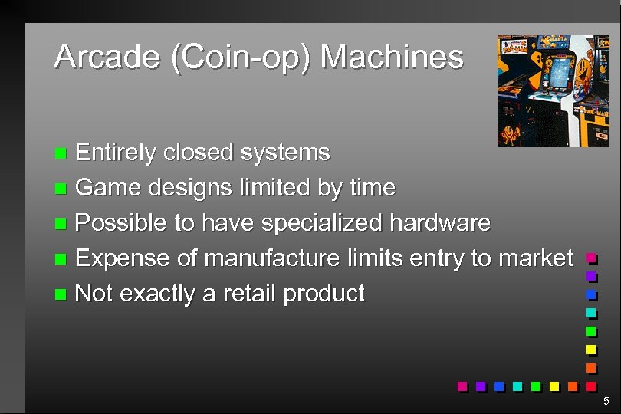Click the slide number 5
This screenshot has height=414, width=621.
[606, 402]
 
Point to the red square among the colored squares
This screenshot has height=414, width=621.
[591, 386]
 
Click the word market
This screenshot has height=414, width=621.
[536, 258]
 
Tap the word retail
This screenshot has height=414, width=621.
[250, 294]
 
